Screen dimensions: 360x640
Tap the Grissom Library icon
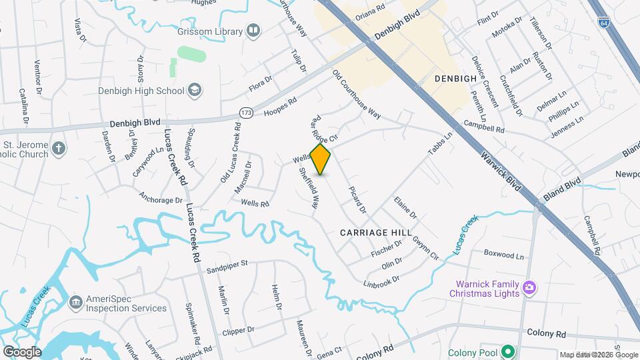point(253,30)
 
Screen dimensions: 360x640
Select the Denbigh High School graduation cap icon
point(195,90)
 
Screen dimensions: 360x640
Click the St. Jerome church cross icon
point(59,147)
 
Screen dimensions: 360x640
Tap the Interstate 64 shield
point(603,22)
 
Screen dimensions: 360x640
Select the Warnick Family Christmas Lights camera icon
point(529,288)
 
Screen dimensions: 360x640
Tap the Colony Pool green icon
point(508,351)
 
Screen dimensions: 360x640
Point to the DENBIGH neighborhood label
point(455,78)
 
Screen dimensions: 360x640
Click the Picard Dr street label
point(358,199)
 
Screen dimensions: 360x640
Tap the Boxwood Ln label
point(504,254)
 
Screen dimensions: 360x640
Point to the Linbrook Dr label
point(381,279)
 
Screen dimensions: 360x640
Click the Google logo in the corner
point(22,351)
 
